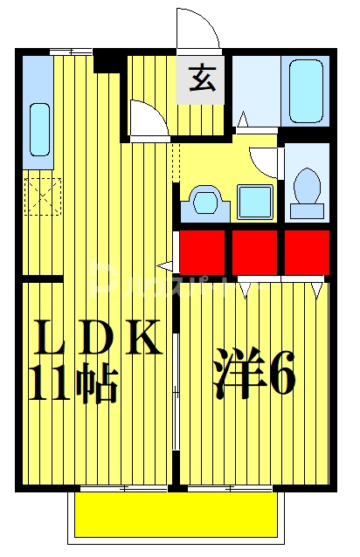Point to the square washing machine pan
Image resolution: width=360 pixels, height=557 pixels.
point(255,202)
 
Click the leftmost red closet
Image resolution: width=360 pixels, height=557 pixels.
point(204,251)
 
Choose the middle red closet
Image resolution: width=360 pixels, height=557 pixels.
point(256,251)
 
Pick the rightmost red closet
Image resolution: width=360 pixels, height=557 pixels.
point(307,251)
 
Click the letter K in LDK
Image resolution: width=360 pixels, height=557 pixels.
point(143,339)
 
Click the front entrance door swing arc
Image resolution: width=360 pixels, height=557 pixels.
point(198,29)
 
